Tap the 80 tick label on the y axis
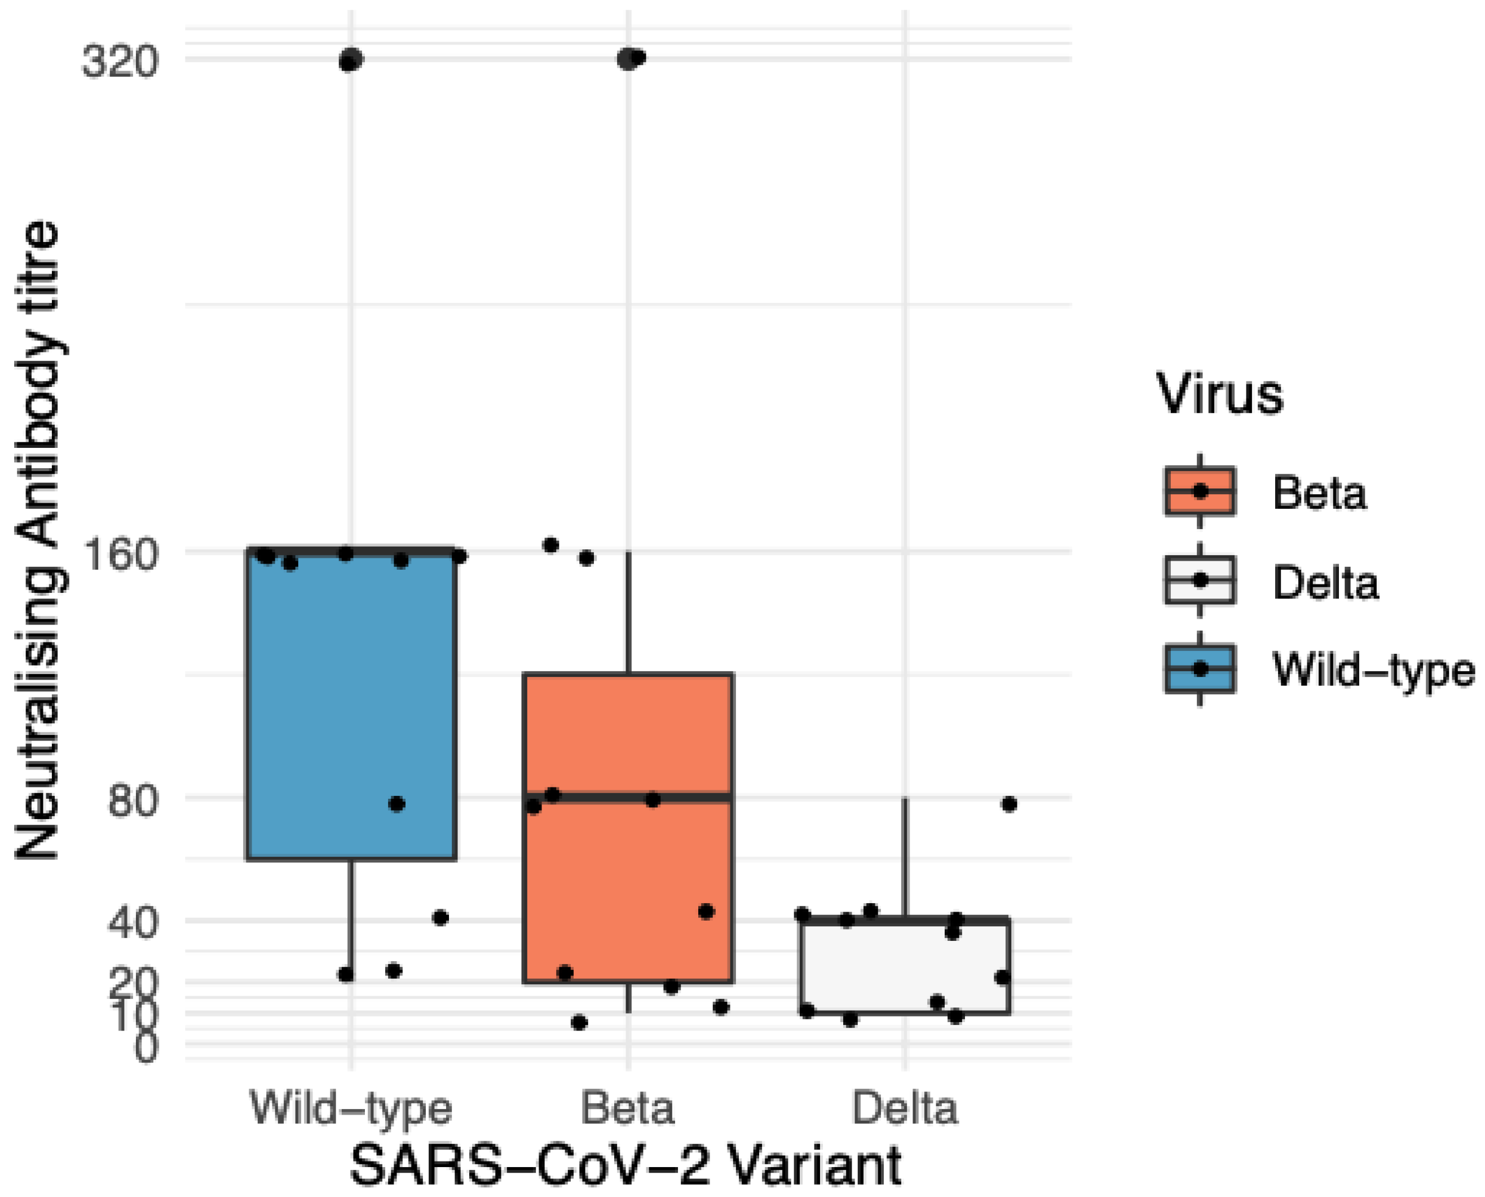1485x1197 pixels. click(x=133, y=801)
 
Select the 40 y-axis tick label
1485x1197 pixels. click(x=133, y=922)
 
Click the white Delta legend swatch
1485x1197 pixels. click(x=1200, y=580)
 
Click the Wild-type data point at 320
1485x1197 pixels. click(x=351, y=60)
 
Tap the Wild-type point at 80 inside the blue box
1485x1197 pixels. click(x=396, y=804)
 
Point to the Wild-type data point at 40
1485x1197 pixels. click(x=440, y=918)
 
